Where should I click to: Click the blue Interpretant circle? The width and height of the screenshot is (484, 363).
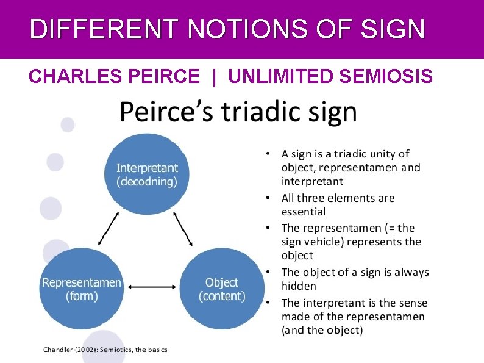tap(147, 173)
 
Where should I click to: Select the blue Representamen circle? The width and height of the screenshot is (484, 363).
tap(82, 289)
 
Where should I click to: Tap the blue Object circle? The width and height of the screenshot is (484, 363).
tap(222, 289)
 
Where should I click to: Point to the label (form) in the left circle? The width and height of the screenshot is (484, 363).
tap(81, 297)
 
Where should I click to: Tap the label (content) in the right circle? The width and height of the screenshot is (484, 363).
tap(222, 297)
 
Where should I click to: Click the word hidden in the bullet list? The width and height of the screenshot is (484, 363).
tap(299, 286)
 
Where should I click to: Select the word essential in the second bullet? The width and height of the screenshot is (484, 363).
tap(304, 212)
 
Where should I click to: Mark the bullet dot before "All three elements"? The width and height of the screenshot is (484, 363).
tap(268, 198)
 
